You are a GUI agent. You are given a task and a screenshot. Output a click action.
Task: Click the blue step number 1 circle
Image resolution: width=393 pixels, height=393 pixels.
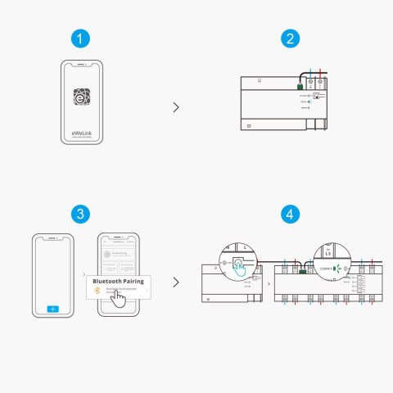(x=79, y=38)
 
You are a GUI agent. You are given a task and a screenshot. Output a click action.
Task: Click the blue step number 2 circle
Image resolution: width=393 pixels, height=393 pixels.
(x=289, y=38)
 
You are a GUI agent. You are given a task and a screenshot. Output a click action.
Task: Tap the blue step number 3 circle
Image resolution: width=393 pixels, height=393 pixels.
(x=79, y=214)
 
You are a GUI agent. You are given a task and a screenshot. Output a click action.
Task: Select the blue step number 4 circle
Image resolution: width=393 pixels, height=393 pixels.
(x=289, y=214)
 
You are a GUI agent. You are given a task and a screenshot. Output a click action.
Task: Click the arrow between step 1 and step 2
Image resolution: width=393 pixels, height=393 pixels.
(x=176, y=106)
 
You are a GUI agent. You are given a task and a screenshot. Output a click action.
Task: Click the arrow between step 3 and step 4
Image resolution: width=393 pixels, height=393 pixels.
(x=176, y=282)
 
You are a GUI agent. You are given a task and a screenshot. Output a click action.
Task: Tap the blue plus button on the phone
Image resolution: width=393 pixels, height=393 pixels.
(x=53, y=309)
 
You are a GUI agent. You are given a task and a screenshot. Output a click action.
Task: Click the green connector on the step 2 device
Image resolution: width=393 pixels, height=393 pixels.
(x=300, y=84)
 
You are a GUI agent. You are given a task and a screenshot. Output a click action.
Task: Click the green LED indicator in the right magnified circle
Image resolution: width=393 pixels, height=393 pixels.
(x=336, y=267)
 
